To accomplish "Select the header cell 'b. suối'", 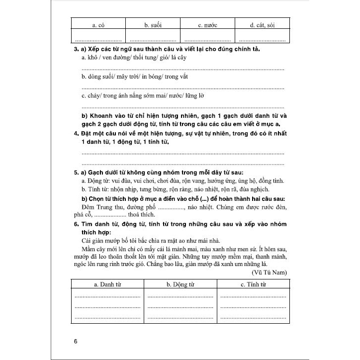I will click(153, 24).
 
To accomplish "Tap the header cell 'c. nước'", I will click(208, 24).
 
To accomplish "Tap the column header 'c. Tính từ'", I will click(253, 284).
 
